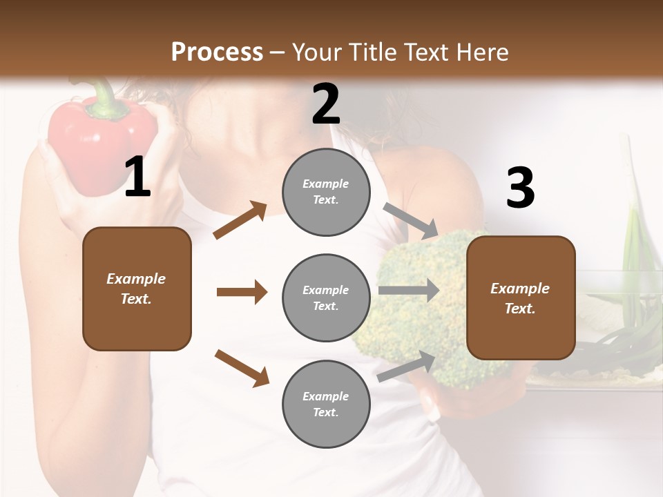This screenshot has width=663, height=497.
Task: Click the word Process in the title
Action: click(217, 52)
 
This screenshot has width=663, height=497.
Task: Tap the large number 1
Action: click(137, 177)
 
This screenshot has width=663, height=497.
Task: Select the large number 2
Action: click(326, 104)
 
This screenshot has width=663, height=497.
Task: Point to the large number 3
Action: click(520, 188)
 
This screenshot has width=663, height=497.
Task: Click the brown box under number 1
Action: click(137, 289)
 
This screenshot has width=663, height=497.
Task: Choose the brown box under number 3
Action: click(521, 298)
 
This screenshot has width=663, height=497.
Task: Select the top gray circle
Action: click(326, 192)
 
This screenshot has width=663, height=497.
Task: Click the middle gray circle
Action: click(326, 298)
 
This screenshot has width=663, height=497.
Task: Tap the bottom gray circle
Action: click(326, 404)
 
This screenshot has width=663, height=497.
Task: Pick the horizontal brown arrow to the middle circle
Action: click(242, 292)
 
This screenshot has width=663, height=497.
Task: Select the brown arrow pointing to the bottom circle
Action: click(242, 367)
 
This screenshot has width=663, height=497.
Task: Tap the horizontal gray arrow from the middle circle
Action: click(408, 291)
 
